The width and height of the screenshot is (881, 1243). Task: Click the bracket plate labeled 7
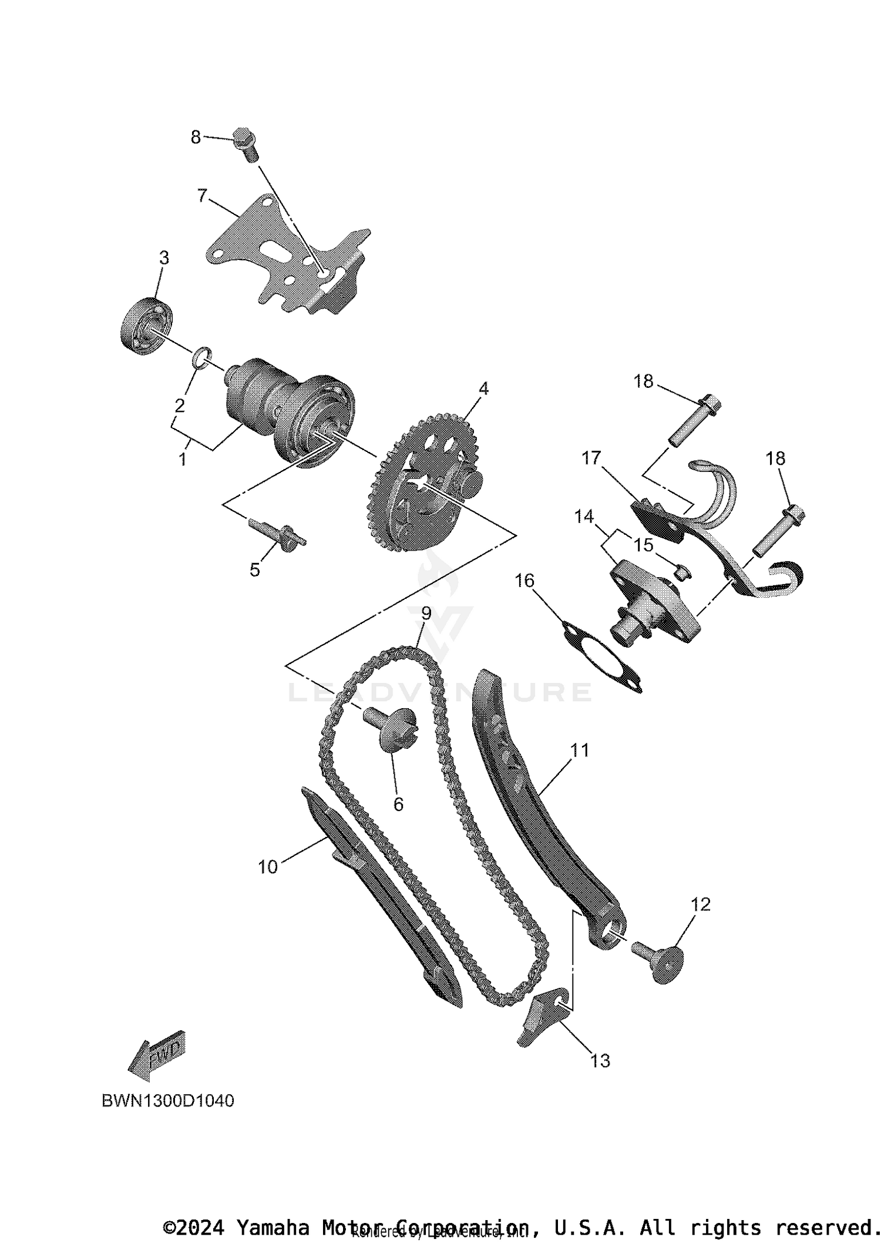tap(282, 259)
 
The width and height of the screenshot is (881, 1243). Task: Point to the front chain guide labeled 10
tap(382, 899)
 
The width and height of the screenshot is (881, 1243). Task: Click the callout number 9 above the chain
tap(426, 614)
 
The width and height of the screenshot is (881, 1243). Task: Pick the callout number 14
tap(584, 517)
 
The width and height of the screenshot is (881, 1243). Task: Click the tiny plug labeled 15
tap(682, 571)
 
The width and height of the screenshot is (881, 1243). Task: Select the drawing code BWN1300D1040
tap(168, 1101)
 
